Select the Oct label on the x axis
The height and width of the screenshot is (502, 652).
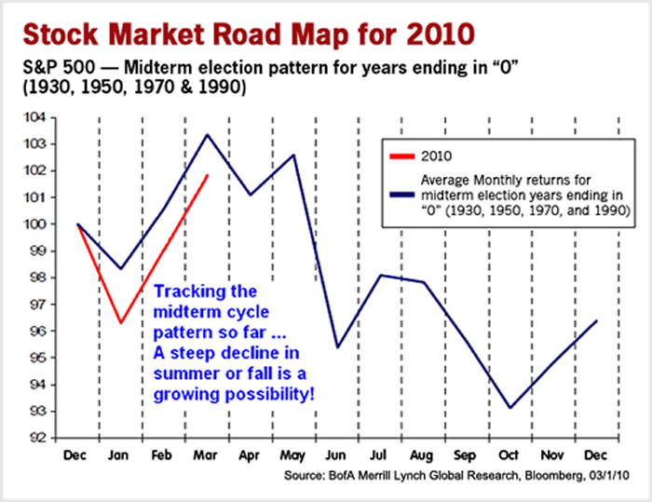pos(509,456)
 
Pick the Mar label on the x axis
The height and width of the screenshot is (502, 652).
pos(207,456)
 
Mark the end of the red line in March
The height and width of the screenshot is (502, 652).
pos(207,175)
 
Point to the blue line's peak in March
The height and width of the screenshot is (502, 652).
pos(207,134)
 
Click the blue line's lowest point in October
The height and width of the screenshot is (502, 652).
pos(509,408)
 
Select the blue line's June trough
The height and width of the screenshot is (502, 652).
pos(336,347)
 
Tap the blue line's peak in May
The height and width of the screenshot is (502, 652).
pos(293,155)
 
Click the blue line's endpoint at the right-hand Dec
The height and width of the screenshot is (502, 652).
pos(596,320)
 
